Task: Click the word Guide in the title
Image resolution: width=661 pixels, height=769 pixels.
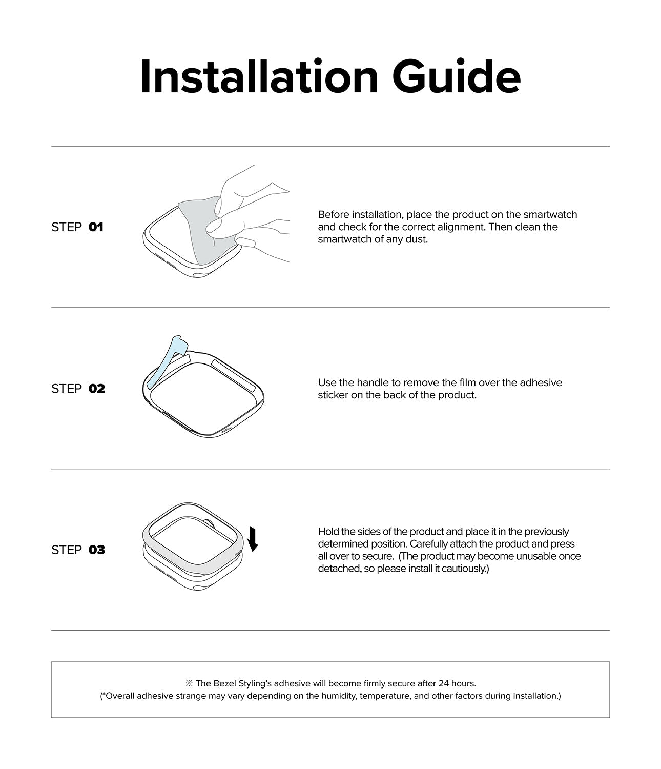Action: [457, 77]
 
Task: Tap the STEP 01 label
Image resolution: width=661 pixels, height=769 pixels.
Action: [77, 227]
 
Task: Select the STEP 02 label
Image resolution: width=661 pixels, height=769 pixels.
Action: [78, 389]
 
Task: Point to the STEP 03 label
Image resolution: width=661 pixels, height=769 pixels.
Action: [78, 550]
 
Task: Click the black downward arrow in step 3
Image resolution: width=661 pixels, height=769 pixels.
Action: [253, 538]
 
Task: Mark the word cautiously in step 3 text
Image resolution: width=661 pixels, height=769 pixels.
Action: [464, 569]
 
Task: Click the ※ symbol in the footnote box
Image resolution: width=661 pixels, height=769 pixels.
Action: [189, 683]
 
